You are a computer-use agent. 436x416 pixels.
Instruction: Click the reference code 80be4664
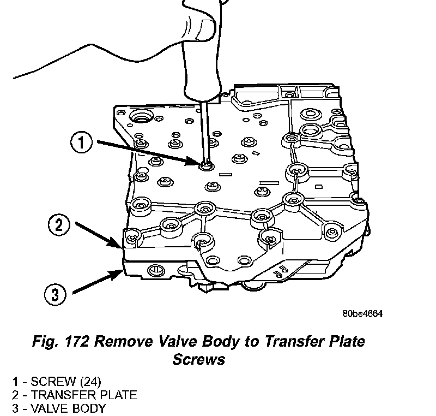(x=363, y=314)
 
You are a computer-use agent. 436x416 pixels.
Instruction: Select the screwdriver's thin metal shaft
(x=204, y=126)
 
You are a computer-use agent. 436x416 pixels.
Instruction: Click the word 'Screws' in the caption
(x=199, y=360)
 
